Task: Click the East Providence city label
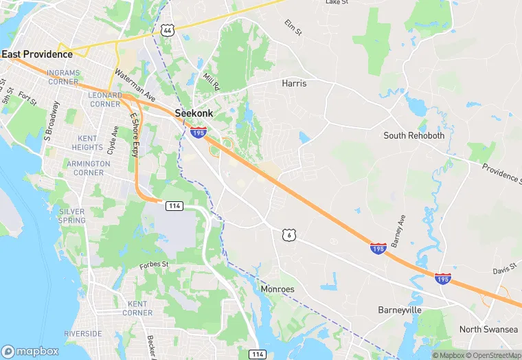pyautogui.click(x=37, y=54)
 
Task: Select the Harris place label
pyautogui.click(x=294, y=83)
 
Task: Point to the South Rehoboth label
pyautogui.click(x=414, y=135)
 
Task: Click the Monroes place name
pyautogui.click(x=277, y=289)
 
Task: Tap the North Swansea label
pyautogui.click(x=488, y=329)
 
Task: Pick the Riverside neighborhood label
pyautogui.click(x=83, y=334)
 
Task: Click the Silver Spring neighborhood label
pyautogui.click(x=72, y=216)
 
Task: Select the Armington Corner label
pyautogui.click(x=88, y=168)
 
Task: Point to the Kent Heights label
pyautogui.click(x=87, y=143)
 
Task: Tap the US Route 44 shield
pyautogui.click(x=167, y=30)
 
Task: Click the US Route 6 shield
pyautogui.click(x=288, y=235)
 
